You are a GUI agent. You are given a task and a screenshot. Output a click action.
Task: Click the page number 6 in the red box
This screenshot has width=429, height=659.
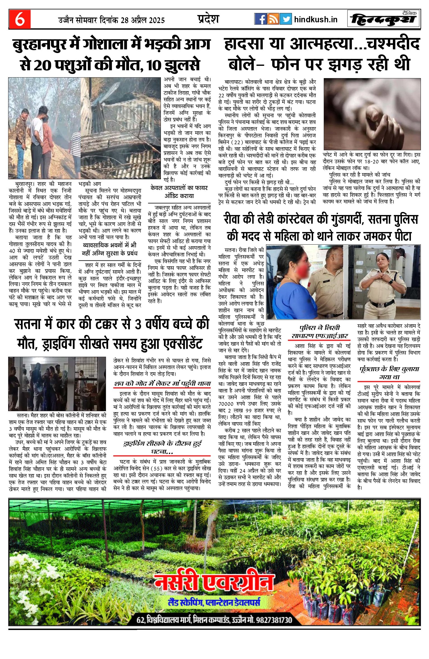20,19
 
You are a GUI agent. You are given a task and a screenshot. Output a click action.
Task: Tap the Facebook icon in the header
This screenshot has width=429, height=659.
261,19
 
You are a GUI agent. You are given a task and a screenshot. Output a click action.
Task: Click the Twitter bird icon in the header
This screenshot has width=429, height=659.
286,19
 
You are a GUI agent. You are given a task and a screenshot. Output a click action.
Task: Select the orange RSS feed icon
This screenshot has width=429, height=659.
273,19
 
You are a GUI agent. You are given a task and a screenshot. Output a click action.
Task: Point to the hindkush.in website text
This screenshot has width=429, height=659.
316,20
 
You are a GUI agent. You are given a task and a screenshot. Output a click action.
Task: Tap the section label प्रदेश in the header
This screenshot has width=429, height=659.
208,19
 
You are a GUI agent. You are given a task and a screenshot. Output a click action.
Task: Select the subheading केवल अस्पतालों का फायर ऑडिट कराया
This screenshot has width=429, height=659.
179,192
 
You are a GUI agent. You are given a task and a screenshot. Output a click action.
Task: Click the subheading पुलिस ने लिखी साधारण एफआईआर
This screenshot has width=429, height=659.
320,332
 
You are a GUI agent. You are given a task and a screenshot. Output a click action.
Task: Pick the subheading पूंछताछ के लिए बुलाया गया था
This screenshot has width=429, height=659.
389,373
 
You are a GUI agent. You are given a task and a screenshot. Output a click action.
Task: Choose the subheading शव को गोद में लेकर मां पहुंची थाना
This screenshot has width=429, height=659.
162,384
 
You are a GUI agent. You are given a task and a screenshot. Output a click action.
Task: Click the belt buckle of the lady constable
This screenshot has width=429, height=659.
380,304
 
